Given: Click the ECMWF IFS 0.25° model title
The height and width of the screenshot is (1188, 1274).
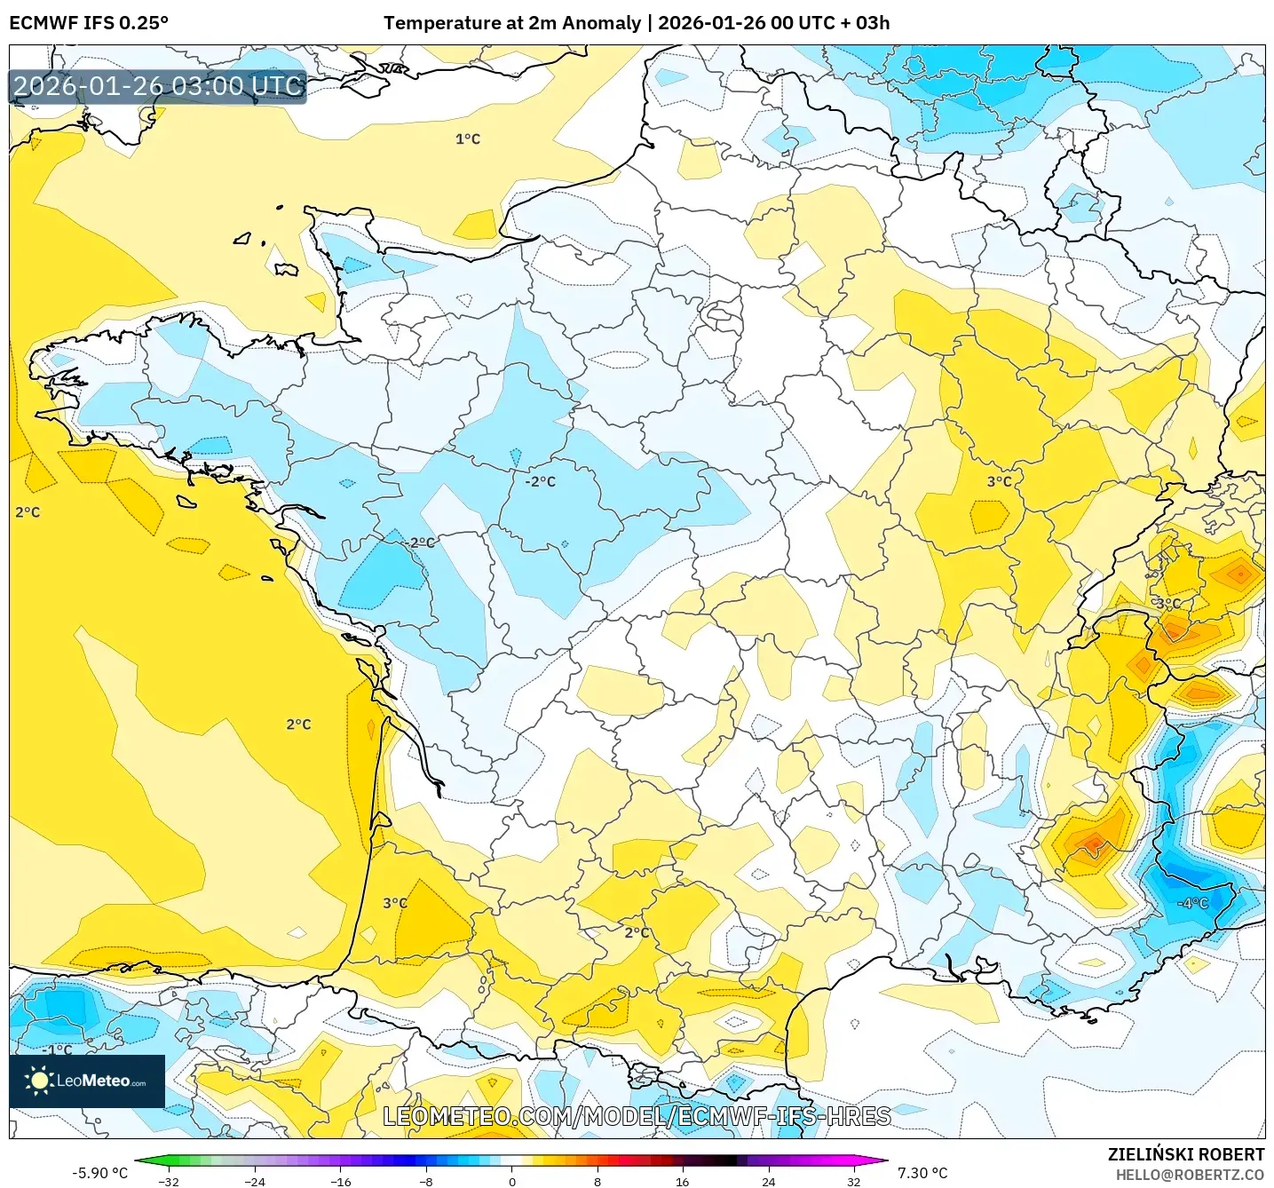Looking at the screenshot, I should pos(89,23).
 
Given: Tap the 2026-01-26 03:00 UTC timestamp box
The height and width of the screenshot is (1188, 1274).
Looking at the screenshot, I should pos(158,86).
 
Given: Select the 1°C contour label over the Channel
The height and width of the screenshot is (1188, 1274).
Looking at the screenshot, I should pos(468,139).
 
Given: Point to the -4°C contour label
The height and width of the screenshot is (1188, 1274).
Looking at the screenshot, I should pos(1192,903).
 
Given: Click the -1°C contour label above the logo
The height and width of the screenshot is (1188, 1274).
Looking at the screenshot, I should pos(58,1049).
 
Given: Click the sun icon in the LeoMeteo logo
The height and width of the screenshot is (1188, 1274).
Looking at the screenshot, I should pos(39,1081).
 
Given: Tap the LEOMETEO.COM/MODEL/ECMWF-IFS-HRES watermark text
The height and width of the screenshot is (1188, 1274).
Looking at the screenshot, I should pos(637,1116).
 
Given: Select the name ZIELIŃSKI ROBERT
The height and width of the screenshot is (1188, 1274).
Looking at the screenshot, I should pos(1185,1154).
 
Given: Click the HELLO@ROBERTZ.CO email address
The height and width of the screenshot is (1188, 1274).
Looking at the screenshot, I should pos(1190,1175).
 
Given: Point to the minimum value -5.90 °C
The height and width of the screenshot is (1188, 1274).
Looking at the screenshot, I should pos(99,1173).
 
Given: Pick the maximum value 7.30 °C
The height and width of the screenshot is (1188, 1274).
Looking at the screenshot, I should pos(922,1173).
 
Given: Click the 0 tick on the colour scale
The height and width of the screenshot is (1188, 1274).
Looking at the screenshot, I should pos(511,1181).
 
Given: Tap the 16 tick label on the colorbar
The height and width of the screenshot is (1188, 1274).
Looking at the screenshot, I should pos(682,1181).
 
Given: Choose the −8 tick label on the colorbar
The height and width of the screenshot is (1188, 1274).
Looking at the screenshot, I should pos(426,1181).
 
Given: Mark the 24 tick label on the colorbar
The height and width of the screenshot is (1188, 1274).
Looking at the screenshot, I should pos(768,1181).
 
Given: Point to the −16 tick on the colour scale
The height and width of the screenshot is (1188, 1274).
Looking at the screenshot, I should pos(340,1181).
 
